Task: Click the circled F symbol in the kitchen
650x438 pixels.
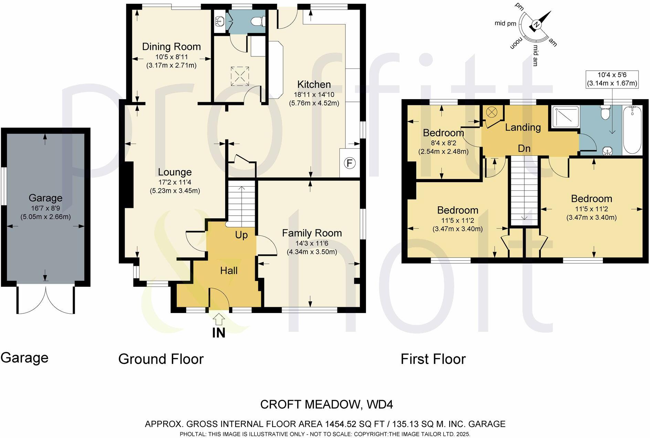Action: pos(350,163)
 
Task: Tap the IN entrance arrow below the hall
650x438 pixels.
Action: pos(219,320)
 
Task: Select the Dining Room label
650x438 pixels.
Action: pos(171,46)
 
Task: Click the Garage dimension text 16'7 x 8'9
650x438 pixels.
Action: pos(45,208)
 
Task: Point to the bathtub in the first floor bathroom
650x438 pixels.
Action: pos(632,130)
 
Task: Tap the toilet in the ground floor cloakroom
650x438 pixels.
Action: pos(258,22)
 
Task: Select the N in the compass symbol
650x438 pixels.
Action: pos(536,24)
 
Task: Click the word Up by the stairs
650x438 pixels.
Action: pos(241,235)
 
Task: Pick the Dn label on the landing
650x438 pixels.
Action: pos(524,148)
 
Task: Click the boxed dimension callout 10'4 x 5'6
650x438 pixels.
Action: pos(612,79)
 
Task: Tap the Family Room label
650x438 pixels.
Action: pos(312,233)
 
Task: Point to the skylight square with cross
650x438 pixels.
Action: pos(240,76)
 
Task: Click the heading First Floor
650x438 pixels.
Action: pos(433,359)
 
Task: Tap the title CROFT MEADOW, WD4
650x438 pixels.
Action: pos(326,404)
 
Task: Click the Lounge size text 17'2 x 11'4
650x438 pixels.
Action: pos(175,182)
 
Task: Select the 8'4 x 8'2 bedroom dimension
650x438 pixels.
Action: pos(443,143)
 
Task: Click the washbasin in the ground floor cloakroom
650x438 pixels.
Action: pos(219,21)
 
